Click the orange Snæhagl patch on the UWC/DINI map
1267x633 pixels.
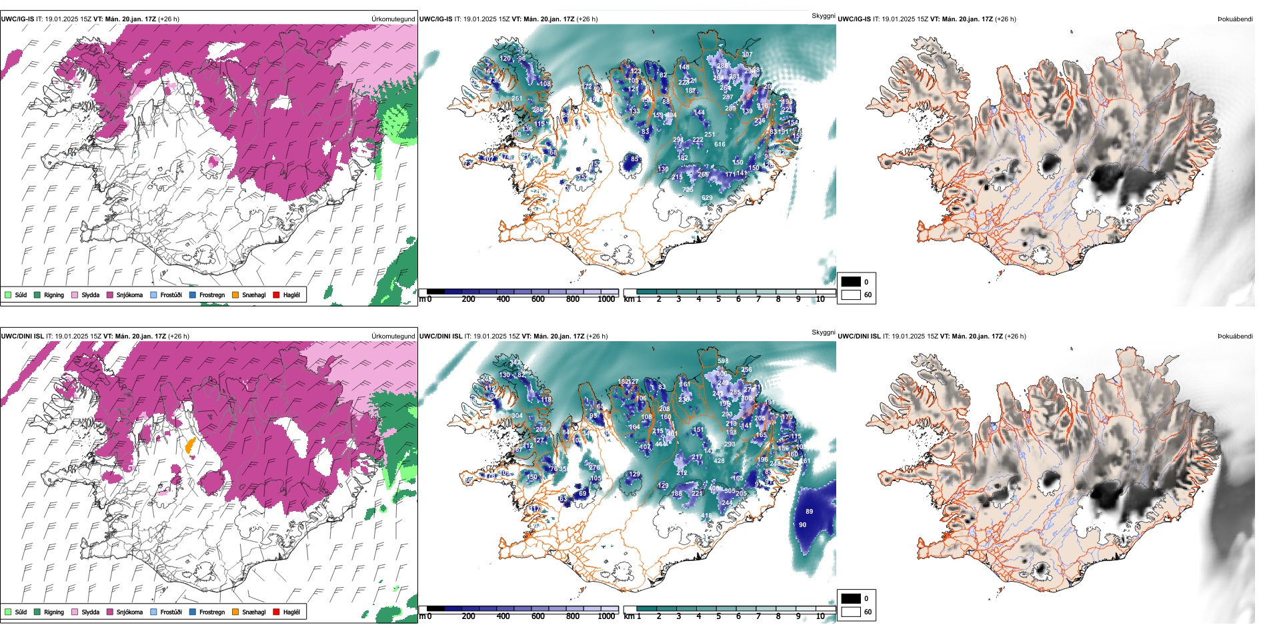point(190,445)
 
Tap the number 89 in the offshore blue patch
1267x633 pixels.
point(809,512)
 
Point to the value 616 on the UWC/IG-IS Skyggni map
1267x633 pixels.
point(720,145)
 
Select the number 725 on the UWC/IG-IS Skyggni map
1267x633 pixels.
point(688,190)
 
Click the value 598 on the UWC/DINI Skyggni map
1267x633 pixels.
point(723,361)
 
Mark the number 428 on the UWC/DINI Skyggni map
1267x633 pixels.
point(719,461)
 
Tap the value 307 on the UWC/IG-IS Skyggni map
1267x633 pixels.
point(747,55)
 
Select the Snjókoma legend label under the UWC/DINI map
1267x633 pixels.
point(129,612)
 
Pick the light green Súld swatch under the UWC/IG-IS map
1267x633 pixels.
point(8,295)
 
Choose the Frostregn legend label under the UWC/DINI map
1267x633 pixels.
point(212,612)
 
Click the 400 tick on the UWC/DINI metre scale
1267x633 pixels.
point(503,616)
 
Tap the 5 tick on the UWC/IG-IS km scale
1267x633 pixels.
point(718,299)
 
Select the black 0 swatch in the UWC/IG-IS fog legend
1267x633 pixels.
point(851,282)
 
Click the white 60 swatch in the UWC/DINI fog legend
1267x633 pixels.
point(851,612)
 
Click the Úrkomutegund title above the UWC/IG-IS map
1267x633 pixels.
point(393,19)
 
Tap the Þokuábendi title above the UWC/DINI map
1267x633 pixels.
point(1235,336)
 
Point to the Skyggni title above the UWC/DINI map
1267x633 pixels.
point(823,332)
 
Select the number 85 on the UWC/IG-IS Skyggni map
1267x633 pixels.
point(634,159)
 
